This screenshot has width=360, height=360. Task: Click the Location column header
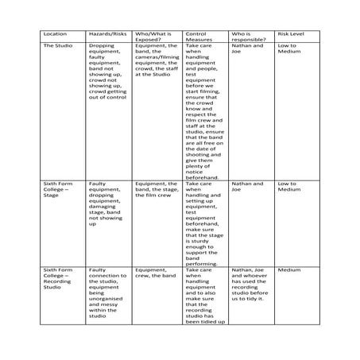coord(56,35)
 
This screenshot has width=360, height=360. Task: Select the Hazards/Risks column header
coord(107,35)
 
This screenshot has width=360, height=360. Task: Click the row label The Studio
coord(57,47)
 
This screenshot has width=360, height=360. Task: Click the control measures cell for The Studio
coord(204,111)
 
